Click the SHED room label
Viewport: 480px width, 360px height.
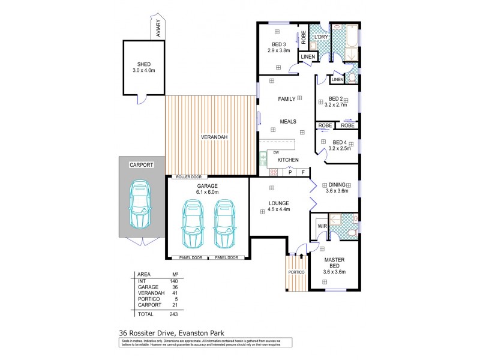(x=143, y=64)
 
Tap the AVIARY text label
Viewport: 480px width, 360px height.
(x=158, y=29)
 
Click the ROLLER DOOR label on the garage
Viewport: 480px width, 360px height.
(x=188, y=177)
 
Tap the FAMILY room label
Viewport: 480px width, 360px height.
(x=287, y=98)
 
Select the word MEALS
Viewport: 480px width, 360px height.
(x=288, y=121)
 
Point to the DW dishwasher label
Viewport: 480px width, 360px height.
(x=276, y=152)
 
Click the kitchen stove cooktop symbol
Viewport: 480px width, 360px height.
(x=273, y=172)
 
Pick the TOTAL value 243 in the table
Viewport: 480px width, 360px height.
(x=175, y=314)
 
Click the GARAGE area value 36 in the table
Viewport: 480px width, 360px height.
(x=175, y=287)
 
